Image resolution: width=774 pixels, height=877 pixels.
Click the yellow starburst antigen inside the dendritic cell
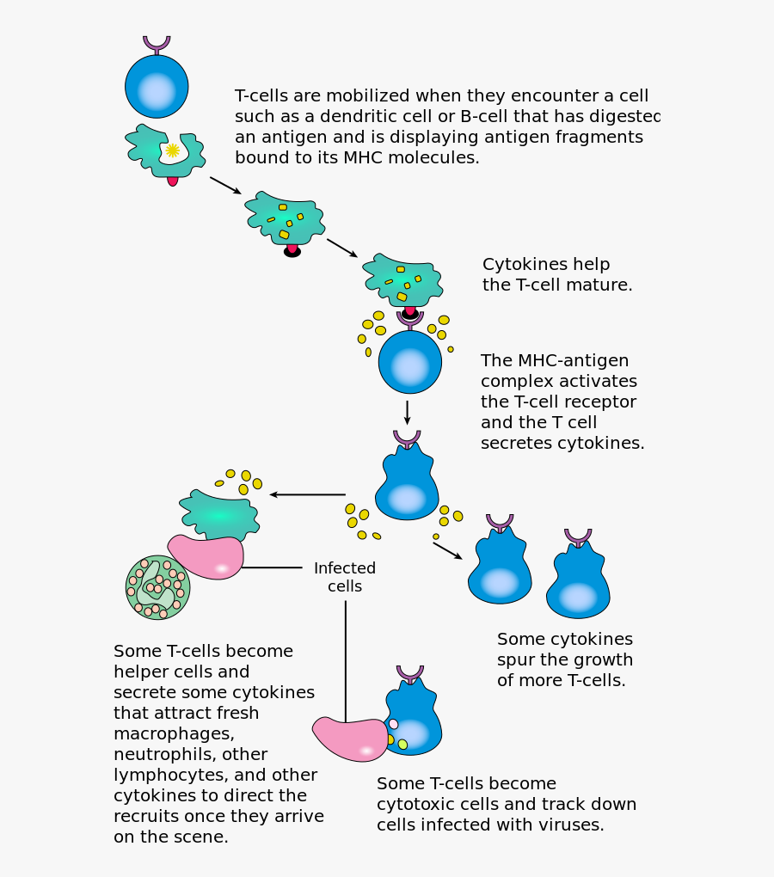coord(172,150)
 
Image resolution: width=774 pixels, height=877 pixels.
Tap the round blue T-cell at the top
coord(157,88)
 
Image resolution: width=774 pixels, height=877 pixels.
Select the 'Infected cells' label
coord(345,577)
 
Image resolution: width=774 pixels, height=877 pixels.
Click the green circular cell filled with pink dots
coord(157,587)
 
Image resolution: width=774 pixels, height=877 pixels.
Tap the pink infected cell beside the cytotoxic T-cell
coord(350,739)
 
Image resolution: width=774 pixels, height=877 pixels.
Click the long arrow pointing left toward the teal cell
coord(307,494)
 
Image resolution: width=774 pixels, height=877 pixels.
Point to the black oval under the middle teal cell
coord(292,252)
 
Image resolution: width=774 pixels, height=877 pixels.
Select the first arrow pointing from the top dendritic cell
coord(224,185)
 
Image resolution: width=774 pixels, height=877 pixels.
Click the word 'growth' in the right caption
coord(593,659)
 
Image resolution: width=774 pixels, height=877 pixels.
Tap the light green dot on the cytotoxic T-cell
coord(402,745)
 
